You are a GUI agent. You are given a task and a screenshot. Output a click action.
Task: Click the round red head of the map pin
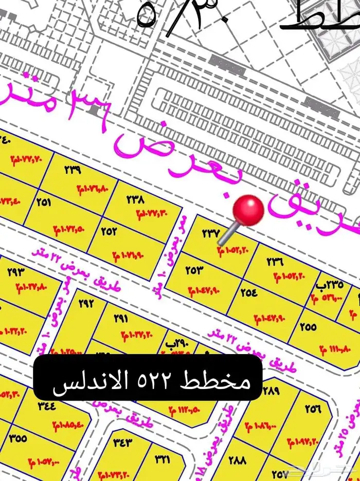click(249, 210)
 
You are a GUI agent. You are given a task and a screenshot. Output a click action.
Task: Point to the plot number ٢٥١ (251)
click(44, 202)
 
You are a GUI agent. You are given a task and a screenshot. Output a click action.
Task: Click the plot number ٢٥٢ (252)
click(109, 232)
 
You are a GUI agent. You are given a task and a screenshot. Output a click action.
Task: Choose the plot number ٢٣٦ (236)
click(275, 262)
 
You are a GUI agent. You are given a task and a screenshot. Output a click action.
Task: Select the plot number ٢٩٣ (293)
click(16, 272)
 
